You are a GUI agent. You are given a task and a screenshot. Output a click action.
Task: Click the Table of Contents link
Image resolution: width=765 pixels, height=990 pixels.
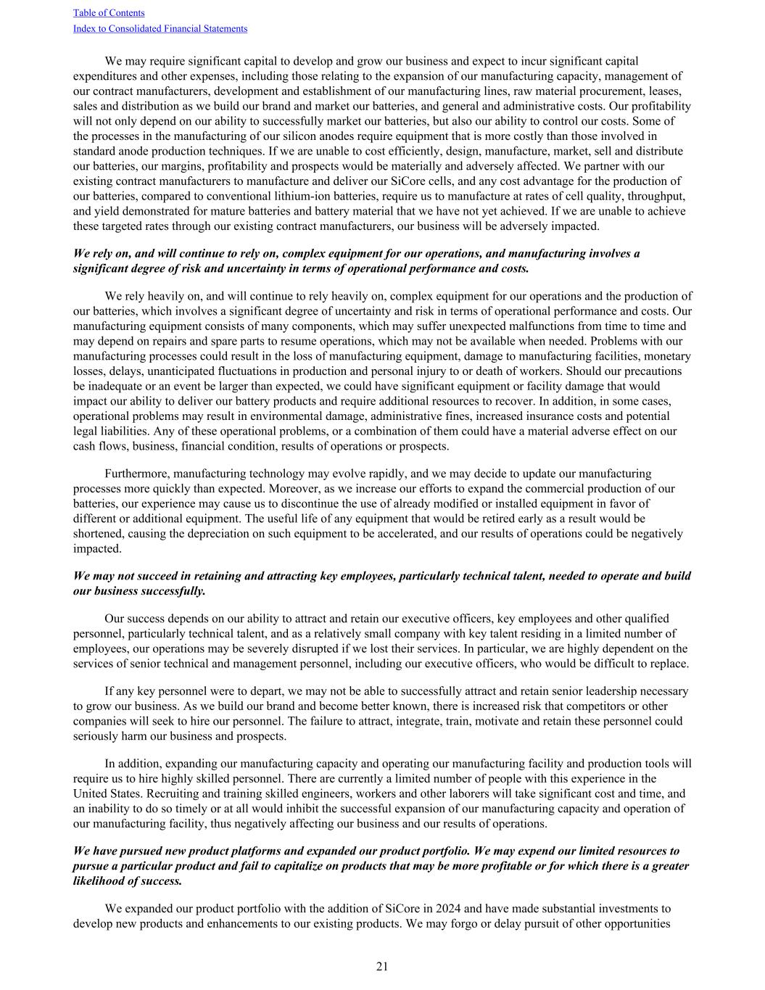pyautogui.click(x=109, y=13)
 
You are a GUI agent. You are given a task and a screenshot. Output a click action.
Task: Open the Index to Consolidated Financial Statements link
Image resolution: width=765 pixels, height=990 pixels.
pyautogui.click(x=160, y=29)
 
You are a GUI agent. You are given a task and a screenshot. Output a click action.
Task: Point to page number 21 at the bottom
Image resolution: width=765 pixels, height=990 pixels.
pyautogui.click(x=382, y=966)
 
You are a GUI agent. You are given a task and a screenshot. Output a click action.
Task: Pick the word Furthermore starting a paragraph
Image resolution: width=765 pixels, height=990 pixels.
pyautogui.click(x=136, y=474)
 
